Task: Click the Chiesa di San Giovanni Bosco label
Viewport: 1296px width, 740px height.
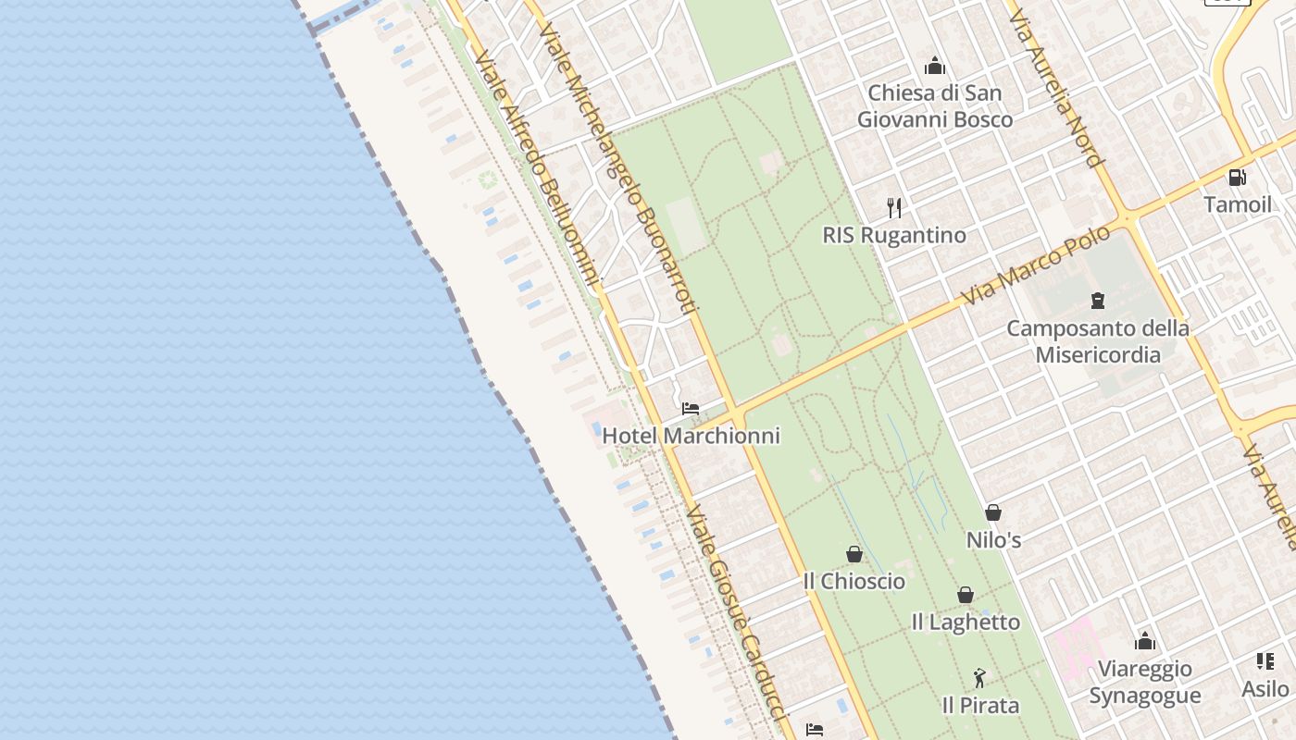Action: click(934, 106)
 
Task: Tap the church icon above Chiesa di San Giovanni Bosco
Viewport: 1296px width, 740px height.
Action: click(935, 67)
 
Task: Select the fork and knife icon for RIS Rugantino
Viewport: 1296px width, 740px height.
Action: click(893, 207)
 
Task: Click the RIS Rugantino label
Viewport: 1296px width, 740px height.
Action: click(893, 235)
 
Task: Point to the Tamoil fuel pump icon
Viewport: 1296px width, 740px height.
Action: click(1237, 178)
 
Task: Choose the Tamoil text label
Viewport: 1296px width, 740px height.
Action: click(1238, 204)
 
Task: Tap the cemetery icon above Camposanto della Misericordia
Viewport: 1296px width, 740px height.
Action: click(1098, 301)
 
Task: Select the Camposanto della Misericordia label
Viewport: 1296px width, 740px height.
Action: click(1098, 341)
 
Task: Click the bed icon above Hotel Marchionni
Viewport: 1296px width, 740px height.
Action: click(691, 408)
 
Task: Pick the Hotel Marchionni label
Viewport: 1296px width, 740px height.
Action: click(691, 436)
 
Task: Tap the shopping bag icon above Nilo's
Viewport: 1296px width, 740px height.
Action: click(993, 512)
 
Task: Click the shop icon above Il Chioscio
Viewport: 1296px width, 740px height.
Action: click(854, 554)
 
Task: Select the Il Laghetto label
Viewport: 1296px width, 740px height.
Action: click(966, 623)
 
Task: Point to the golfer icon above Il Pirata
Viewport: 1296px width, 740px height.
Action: click(979, 678)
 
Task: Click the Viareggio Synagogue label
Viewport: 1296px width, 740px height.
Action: click(1144, 682)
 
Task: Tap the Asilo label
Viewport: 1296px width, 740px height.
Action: click(1265, 689)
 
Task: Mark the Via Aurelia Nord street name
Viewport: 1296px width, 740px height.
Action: click(1056, 89)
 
